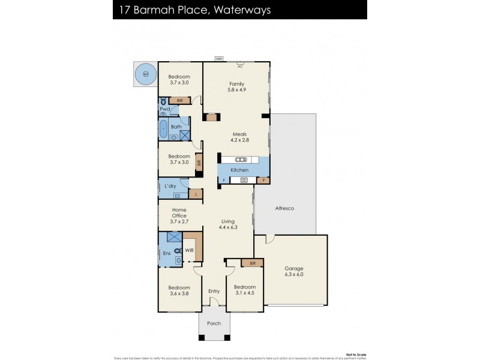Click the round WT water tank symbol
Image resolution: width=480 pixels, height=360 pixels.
click(145, 74)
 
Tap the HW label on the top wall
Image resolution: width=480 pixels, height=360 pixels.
click(220, 59)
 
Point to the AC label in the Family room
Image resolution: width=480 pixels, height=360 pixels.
click(239, 67)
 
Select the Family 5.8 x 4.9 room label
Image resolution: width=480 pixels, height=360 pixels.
click(237, 86)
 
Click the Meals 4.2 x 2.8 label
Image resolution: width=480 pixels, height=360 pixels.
click(239, 137)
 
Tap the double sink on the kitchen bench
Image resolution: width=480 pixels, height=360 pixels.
click(240, 160)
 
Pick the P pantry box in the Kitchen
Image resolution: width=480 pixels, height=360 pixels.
click(263, 180)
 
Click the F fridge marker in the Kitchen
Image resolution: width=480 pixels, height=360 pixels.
click(224, 180)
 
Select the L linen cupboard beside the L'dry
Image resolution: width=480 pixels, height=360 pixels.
click(195, 194)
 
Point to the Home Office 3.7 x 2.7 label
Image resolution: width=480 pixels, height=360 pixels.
click(179, 215)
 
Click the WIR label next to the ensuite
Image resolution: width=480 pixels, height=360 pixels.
click(188, 250)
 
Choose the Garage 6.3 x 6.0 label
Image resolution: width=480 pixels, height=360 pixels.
click(293, 271)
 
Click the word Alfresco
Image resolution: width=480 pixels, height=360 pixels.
click(284, 208)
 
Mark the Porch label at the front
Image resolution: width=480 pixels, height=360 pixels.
click(214, 323)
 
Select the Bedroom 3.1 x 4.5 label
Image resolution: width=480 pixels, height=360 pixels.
click(244, 290)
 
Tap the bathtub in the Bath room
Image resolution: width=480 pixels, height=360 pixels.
click(164, 129)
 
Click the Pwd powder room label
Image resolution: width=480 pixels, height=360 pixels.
click(165, 109)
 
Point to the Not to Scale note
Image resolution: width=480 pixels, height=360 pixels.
click(355, 354)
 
